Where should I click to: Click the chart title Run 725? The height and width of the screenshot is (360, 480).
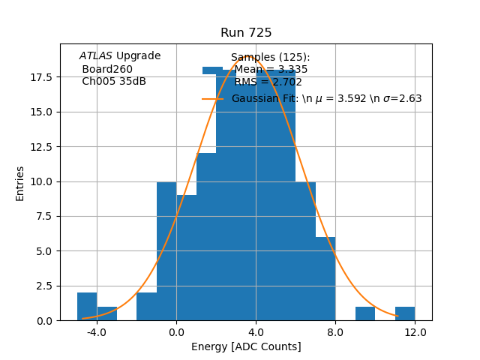click(x=246, y=33)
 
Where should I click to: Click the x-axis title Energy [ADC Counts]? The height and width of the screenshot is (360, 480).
click(x=246, y=346)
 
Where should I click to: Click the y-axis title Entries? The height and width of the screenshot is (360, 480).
click(x=20, y=183)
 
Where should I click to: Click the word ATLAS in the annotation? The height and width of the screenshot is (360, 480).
click(x=95, y=56)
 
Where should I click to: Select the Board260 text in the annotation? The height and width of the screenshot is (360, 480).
click(x=107, y=69)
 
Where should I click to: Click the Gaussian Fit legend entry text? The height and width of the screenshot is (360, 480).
click(x=326, y=98)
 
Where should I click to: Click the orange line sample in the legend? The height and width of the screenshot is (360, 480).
click(x=212, y=98)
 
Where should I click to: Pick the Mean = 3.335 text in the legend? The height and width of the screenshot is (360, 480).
click(x=271, y=70)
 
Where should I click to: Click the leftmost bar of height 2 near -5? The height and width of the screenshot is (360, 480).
click(x=87, y=307)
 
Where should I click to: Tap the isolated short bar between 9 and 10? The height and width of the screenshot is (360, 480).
click(x=365, y=313)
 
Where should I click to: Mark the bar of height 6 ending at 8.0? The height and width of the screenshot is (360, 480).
click(x=325, y=279)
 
